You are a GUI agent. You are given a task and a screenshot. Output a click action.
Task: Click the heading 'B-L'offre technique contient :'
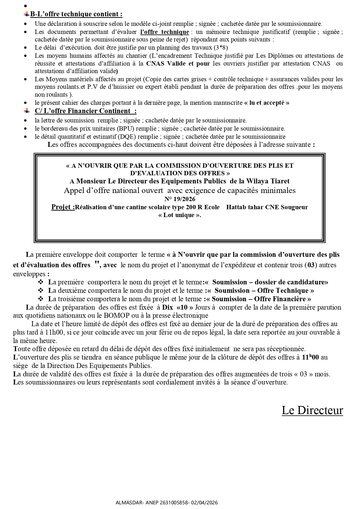(76, 14)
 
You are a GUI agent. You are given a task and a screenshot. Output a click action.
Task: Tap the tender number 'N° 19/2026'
(180, 199)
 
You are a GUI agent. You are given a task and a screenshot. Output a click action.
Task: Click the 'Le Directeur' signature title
(312, 410)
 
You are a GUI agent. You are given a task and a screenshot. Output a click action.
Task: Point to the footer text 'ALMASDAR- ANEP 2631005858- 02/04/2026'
(167, 503)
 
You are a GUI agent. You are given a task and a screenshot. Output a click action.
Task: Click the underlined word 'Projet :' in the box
(63, 207)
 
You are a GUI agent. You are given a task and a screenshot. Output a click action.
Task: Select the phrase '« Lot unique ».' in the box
(180, 215)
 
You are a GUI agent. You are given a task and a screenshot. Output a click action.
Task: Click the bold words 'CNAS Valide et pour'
(178, 64)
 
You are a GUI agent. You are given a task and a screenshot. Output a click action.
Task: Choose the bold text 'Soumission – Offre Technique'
(261, 291)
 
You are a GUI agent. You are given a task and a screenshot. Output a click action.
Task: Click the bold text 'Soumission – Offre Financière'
(259, 299)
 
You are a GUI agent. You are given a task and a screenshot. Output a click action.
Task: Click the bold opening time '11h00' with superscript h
(310, 358)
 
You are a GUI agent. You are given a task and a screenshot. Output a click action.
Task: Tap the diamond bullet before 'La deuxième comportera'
(41, 291)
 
